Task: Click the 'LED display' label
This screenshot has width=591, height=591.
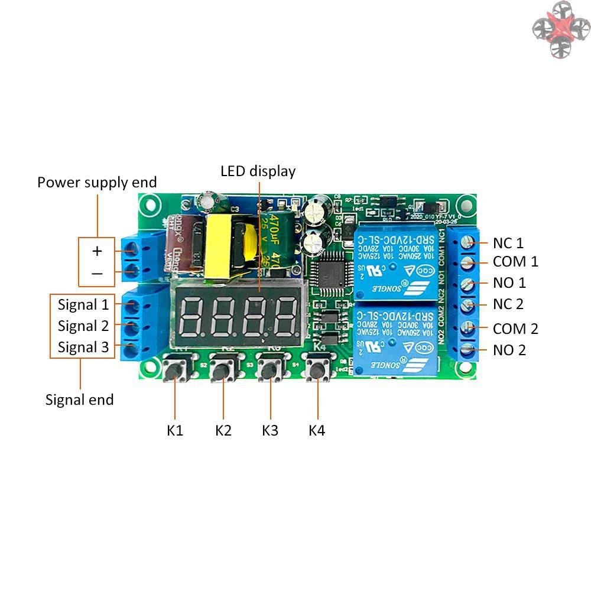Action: (258, 171)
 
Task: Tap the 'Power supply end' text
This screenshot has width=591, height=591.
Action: (97, 182)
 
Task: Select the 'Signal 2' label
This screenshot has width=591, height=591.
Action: (83, 326)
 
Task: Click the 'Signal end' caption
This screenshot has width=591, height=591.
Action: (80, 400)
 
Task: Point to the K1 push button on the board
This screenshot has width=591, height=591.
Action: (175, 372)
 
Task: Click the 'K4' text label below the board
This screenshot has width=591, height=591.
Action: (317, 430)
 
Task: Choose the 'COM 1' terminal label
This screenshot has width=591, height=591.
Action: (516, 262)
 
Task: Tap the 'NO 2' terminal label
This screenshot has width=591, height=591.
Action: (509, 350)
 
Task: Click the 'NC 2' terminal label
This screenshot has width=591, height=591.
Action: (508, 304)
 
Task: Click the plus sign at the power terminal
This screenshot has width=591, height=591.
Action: (97, 251)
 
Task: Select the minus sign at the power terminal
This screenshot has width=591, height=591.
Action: (97, 274)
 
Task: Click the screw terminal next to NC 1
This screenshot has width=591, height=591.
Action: (469, 242)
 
